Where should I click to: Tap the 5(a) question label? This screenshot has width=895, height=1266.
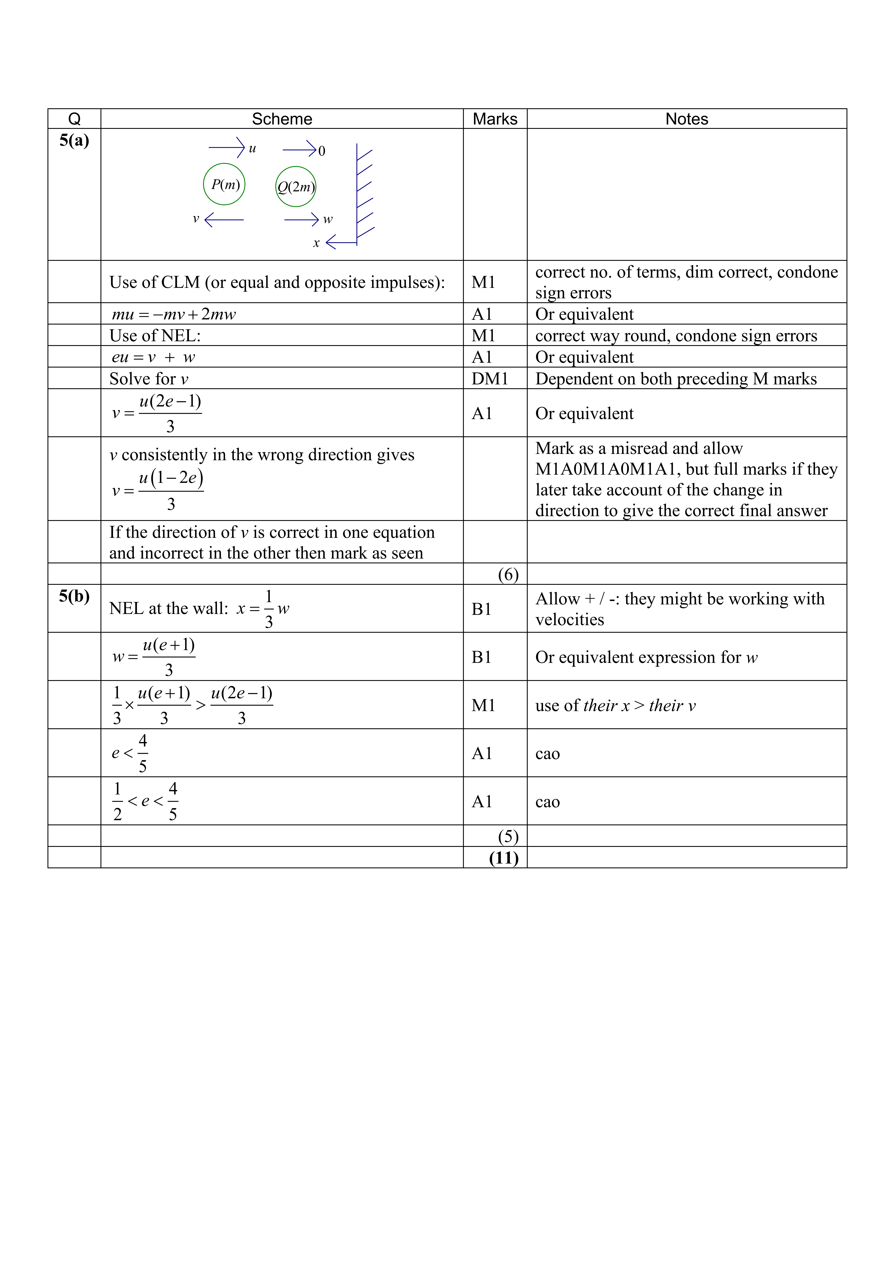74,141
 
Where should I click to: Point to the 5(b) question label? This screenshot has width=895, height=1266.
74,596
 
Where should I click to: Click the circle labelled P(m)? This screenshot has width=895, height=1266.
224,184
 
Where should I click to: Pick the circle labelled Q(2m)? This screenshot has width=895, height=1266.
296,187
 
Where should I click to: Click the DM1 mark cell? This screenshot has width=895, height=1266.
489,379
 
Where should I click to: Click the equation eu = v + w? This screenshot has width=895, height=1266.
153,357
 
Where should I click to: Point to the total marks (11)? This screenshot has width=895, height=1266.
504,858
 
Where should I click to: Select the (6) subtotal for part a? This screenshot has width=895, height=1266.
508,574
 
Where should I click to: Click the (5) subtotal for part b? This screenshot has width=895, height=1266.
508,836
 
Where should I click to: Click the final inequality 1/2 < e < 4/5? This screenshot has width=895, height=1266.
145,801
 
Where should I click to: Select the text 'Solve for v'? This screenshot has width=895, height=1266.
149,379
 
